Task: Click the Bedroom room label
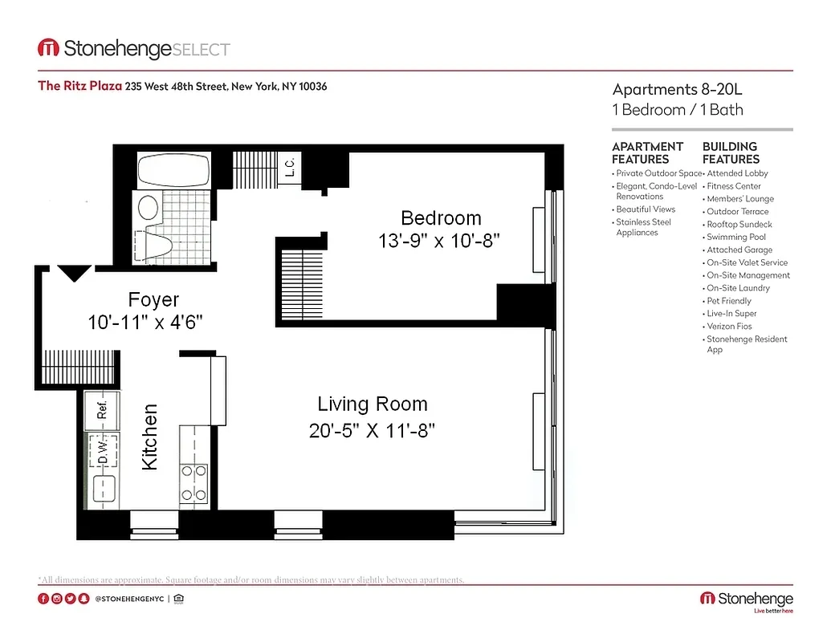[x=441, y=217]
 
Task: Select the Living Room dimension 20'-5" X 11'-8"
[x=372, y=431]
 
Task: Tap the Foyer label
[x=153, y=300]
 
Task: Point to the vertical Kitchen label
[x=150, y=437]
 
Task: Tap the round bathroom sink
[x=149, y=209]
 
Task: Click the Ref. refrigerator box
[x=103, y=410]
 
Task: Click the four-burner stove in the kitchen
[x=193, y=482]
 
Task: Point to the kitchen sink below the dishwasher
[x=103, y=488]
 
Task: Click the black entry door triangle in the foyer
[x=74, y=274]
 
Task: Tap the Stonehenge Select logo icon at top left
[x=48, y=49]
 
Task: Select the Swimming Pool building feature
[x=735, y=237]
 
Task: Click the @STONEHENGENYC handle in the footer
[x=129, y=599]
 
